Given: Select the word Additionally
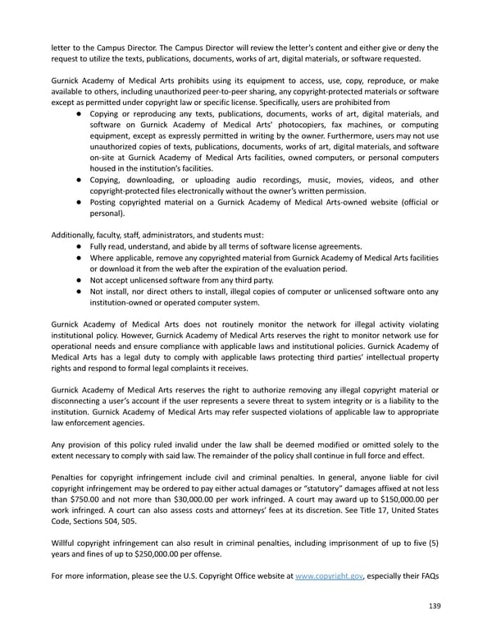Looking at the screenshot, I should [75, 234].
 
